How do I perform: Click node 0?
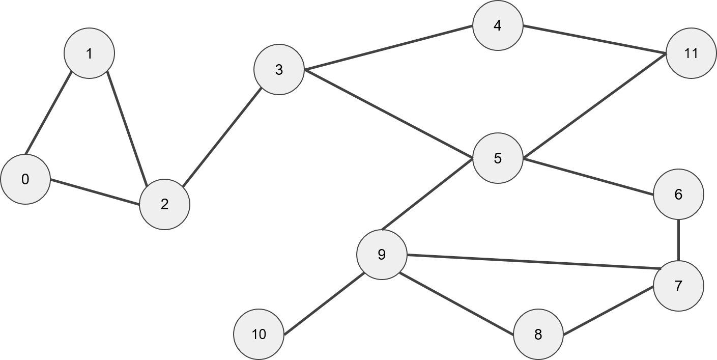25,179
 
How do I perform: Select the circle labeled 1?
90,53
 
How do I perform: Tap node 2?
164,204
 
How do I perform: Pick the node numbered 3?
279,70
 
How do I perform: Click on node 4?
498,25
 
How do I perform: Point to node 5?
498,158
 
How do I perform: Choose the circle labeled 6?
678,195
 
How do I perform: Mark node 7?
678,286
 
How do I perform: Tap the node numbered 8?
538,335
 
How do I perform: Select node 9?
382,254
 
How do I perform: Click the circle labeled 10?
259,335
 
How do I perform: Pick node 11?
691,53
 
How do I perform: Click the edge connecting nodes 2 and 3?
222,137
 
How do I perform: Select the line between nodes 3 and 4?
388,48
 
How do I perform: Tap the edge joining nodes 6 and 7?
678,240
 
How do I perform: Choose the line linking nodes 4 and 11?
594,39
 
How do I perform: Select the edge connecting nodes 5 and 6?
588,177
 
